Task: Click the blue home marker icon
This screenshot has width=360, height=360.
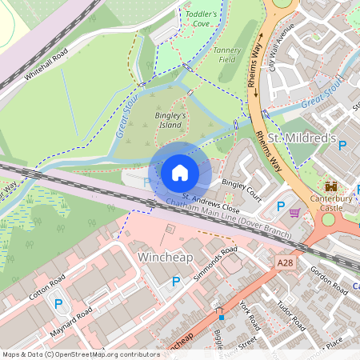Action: click(x=180, y=173)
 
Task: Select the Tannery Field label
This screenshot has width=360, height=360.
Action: click(x=228, y=54)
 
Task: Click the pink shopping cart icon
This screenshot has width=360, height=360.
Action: click(x=294, y=213)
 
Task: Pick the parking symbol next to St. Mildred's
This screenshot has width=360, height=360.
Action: click(x=342, y=146)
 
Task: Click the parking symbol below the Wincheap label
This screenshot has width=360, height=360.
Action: click(x=176, y=281)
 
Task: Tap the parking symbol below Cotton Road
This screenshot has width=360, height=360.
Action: click(x=58, y=303)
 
